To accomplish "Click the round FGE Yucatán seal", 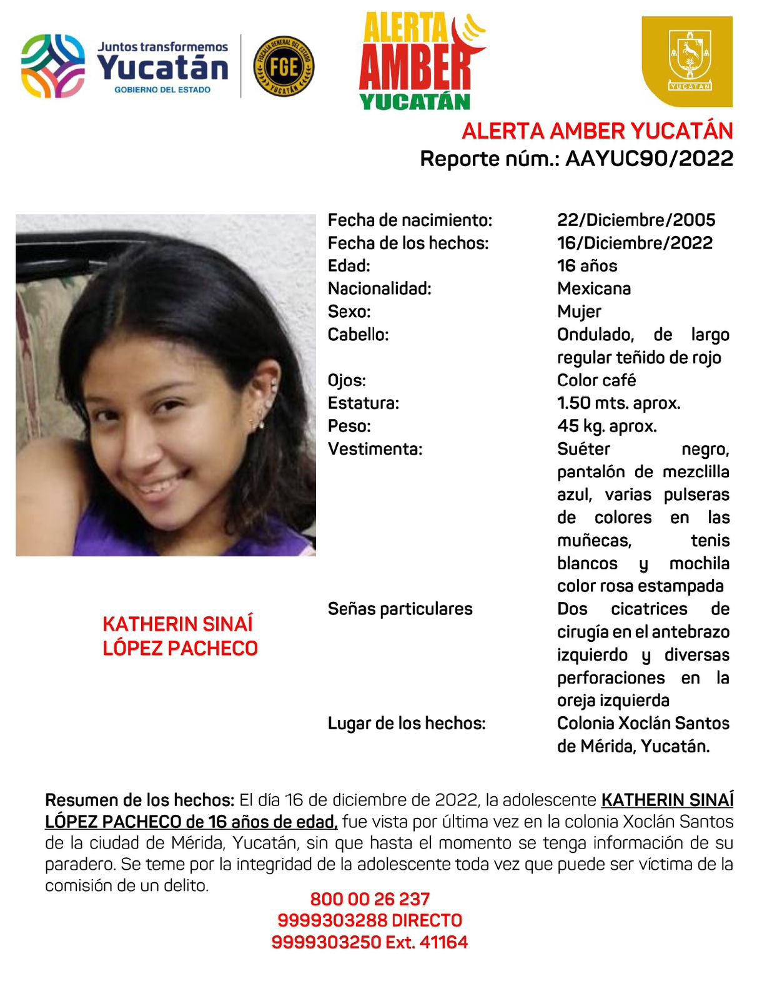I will [x=284, y=66].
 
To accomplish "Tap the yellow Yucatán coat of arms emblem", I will [x=687, y=61].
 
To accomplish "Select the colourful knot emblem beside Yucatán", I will [x=53, y=66].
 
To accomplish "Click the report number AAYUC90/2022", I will [x=649, y=159].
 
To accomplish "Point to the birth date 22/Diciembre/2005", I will [x=636, y=220].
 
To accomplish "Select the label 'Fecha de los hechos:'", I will [x=408, y=243].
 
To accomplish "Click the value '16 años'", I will [x=586, y=266].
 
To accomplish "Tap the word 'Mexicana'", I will [x=593, y=288].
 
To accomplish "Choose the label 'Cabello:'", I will [x=358, y=335].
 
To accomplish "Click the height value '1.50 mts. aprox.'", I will [x=618, y=403].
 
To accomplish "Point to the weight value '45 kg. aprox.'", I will [x=606, y=426].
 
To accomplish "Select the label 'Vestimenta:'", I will [x=375, y=449].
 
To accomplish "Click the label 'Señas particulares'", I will [x=400, y=609].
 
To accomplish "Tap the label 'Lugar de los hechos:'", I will [x=406, y=723].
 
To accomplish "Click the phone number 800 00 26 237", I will [x=370, y=899].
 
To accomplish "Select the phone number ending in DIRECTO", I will [x=370, y=920].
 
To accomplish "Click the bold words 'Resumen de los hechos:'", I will [x=139, y=800].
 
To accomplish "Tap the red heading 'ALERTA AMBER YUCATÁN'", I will [x=596, y=131].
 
